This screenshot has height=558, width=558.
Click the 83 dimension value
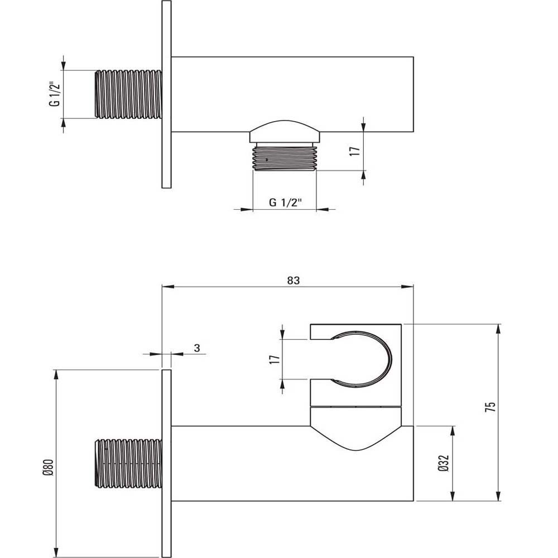pos(294,281)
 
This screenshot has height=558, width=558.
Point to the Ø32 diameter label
pos(444,463)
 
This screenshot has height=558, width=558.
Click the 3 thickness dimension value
pos(197,348)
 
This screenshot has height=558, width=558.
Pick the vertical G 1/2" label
pos(55,94)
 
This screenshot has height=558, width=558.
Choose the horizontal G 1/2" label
pos(285,203)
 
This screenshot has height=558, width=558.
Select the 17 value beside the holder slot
pos(275,359)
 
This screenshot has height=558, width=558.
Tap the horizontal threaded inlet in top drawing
pos(128,94)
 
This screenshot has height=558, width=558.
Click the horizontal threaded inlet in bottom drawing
pos(128,464)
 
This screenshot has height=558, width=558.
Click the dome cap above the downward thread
pos(285,130)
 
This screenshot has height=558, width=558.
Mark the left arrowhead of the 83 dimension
pos(167,287)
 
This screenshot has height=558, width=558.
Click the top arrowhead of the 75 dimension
pos(498,329)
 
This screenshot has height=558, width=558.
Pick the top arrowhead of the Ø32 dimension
pos(453,431)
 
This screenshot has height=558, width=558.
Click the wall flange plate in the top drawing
pos(166,94)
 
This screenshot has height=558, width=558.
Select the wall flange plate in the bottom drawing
pos(166,464)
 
